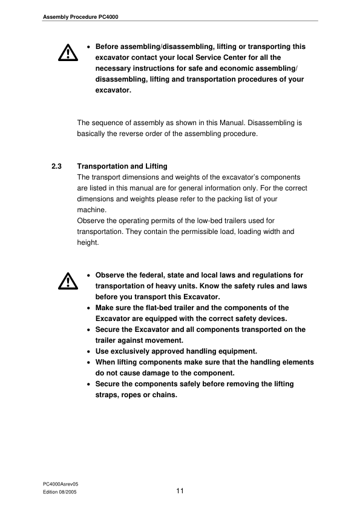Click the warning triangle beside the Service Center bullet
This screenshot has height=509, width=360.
(x=64, y=54)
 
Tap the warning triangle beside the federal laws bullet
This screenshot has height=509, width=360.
(x=64, y=280)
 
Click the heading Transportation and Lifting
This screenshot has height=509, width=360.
(x=122, y=166)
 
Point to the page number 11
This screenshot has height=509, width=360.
(x=180, y=491)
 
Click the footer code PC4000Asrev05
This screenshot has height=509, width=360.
(x=61, y=484)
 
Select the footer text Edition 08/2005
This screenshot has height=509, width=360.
(x=59, y=493)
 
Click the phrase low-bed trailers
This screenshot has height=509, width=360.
(x=223, y=221)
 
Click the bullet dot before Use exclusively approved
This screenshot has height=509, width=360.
(x=90, y=351)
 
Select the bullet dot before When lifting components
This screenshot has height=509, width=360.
(x=90, y=362)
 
